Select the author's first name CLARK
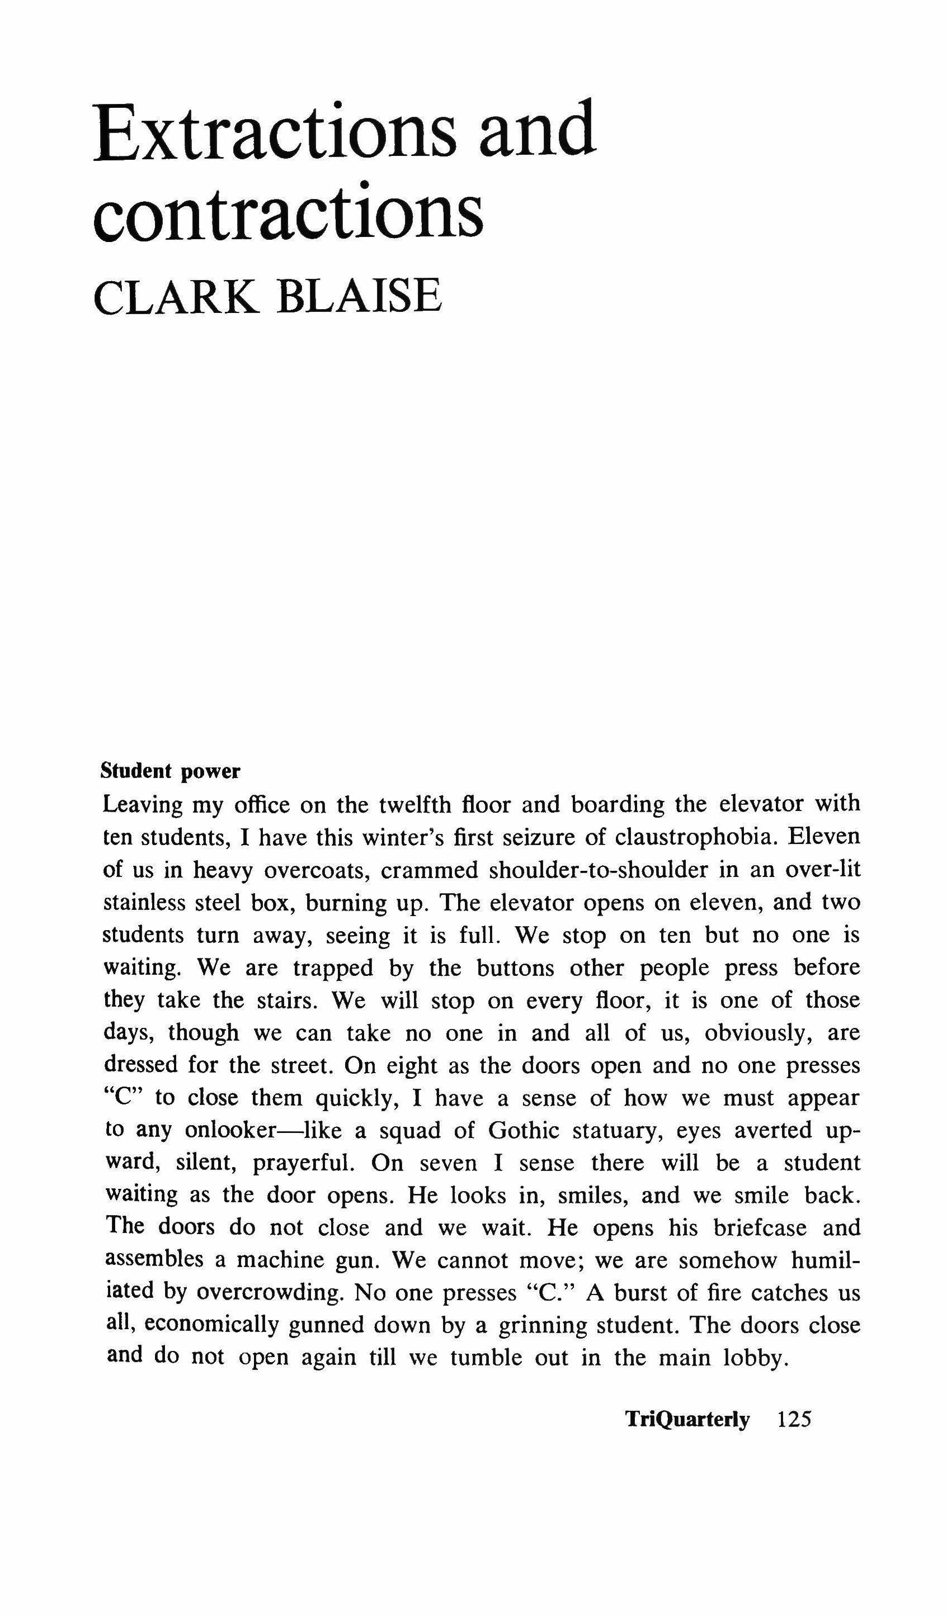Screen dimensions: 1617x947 click(x=177, y=296)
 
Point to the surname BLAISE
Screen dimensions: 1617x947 click(x=360, y=296)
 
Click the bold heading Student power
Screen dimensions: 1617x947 click(x=171, y=771)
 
